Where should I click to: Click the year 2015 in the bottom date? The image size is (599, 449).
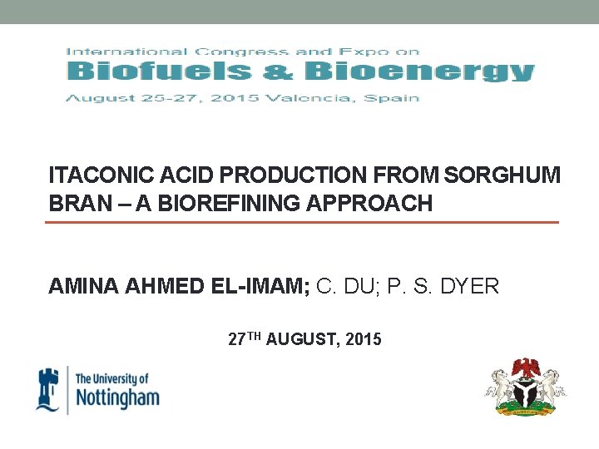pyautogui.click(x=363, y=339)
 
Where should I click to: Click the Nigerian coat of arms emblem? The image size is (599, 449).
pyautogui.click(x=525, y=387)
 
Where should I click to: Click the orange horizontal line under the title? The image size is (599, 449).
pyautogui.click(x=301, y=223)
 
